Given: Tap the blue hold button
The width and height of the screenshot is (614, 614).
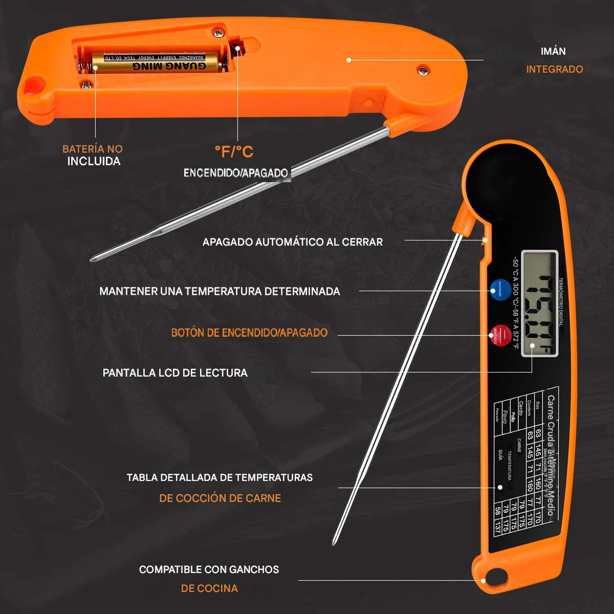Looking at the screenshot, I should click(x=499, y=289).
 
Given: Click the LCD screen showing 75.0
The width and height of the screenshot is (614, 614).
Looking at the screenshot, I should click(x=540, y=303).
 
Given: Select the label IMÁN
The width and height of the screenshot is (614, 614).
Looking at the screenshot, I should click(x=553, y=51).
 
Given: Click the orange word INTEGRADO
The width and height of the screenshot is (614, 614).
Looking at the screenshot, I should click(x=555, y=69).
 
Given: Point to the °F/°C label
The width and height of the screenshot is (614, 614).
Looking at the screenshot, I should click(x=233, y=151).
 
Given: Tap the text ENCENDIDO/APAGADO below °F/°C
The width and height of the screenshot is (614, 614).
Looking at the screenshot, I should click(x=235, y=173).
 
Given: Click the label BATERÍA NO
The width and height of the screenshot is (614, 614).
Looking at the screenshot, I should click(x=93, y=149).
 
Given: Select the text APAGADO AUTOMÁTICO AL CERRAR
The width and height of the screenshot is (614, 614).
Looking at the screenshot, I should click(x=292, y=242).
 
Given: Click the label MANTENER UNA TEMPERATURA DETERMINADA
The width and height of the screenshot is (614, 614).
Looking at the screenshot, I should click(x=220, y=291).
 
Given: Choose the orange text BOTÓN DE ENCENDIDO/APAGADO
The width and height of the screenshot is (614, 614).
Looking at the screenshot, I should click(x=249, y=333).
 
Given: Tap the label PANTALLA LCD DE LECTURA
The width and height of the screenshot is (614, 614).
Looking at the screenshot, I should click(x=175, y=373).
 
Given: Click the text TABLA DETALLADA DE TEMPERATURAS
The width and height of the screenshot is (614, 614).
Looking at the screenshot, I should click(x=220, y=477).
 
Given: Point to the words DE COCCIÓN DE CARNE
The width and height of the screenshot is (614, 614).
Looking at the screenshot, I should click(x=220, y=498).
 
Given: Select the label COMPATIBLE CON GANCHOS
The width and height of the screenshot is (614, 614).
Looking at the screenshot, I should click(x=209, y=569).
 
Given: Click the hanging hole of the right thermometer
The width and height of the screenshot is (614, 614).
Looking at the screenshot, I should click(x=495, y=576).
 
